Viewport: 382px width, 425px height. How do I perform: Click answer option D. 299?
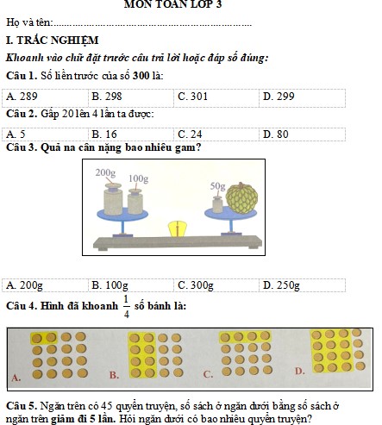(279, 97)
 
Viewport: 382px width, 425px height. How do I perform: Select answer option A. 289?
(22, 97)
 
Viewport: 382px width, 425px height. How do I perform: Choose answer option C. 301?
(192, 97)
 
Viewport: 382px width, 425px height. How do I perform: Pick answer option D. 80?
(276, 134)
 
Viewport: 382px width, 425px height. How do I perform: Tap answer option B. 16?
(104, 134)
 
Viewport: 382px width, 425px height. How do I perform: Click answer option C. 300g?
(196, 285)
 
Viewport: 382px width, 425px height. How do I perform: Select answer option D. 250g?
(281, 285)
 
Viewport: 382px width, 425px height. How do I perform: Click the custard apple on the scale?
(241, 198)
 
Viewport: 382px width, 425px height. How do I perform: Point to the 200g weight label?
(105, 172)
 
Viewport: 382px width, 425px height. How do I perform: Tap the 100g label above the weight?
(138, 178)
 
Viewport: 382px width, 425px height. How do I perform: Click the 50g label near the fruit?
(217, 186)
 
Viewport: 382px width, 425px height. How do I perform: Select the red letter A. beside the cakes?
(16, 378)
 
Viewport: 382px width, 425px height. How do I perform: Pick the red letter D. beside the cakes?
(300, 371)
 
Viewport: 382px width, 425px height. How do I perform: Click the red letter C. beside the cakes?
(208, 374)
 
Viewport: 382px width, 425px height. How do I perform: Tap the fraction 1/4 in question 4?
(127, 307)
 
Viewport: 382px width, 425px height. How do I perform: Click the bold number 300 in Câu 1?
(141, 76)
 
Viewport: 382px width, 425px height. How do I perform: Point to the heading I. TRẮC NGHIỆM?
(53, 41)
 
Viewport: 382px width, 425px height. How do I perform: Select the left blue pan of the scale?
(122, 215)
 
